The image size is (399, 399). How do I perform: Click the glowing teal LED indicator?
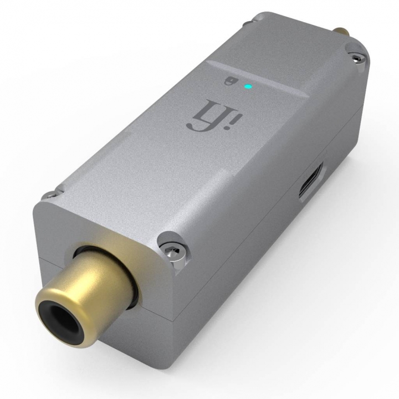click(x=248, y=86)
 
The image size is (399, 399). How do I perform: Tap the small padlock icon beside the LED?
click(x=228, y=81)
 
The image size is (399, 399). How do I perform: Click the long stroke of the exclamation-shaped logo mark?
click(x=236, y=112)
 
